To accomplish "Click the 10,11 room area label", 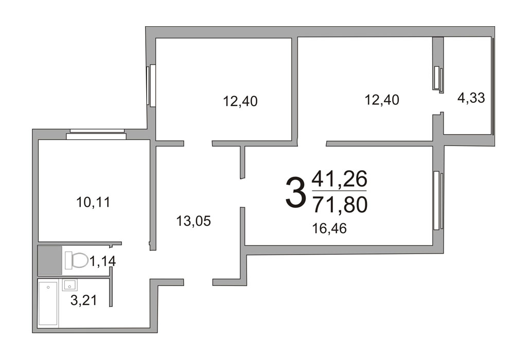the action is coord(93,203).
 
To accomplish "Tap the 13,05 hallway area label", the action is coord(194,221).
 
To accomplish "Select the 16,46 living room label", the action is coord(329,229).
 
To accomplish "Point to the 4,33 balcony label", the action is coord(471,98).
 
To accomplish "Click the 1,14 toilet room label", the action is coord(102,261).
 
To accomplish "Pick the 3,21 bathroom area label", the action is coord(84,300).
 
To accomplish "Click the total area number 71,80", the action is coord(340,205).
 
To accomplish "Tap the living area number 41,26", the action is coord(340,178).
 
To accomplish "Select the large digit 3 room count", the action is coord(296,193).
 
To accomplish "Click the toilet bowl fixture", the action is coord(76,260).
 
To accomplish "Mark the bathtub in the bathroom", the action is coord(48,303).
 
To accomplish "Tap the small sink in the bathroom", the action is coord(69,285).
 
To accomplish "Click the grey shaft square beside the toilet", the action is coord(50,260).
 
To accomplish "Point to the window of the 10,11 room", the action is coord(96,134).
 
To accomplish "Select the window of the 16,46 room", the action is coord(438,201).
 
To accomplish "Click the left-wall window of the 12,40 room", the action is coord(151,85).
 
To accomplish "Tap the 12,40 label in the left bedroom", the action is coord(240,101).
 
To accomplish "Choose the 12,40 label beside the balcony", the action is coord(382,100).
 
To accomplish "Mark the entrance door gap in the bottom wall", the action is coord(198,282).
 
